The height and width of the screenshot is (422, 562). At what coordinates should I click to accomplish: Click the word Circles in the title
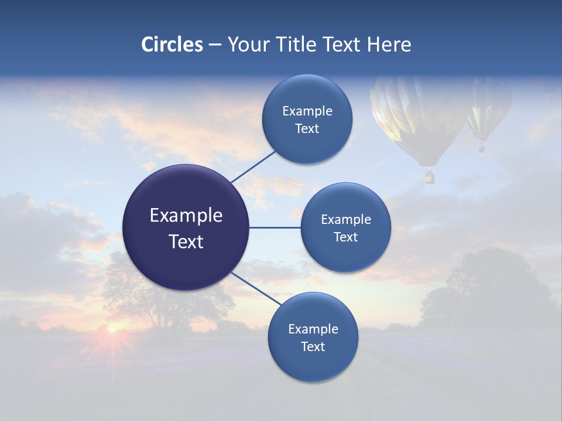tap(172, 45)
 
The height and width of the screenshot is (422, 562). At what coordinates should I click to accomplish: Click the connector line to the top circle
tap(253, 166)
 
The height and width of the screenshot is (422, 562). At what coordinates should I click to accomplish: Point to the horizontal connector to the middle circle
tap(275, 227)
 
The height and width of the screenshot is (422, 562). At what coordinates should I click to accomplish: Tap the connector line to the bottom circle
tap(256, 288)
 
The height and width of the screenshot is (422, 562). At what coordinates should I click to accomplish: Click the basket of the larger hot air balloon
tap(430, 175)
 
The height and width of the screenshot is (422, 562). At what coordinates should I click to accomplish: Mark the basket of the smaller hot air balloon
tap(481, 148)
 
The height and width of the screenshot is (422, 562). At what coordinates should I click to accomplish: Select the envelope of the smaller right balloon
tap(487, 105)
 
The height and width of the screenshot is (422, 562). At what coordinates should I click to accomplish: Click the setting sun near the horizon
tap(111, 329)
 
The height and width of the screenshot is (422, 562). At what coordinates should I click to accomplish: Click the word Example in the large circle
tap(186, 216)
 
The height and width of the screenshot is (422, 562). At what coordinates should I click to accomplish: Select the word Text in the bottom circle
tap(313, 346)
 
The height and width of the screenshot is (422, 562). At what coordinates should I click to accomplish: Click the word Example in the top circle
tap(307, 111)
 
